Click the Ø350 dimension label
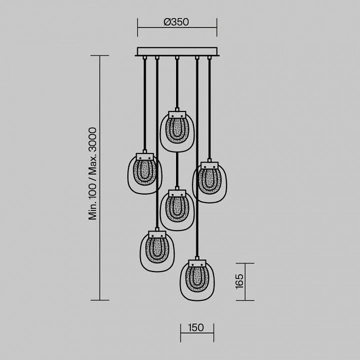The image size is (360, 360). coord(176,22)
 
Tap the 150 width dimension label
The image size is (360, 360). coord(196,327)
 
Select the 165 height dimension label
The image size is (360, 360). coord(239,281)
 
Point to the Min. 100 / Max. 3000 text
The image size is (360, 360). coord(92,173)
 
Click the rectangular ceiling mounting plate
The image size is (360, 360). coord(177,51)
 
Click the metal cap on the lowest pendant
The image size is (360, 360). coord(197,263)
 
